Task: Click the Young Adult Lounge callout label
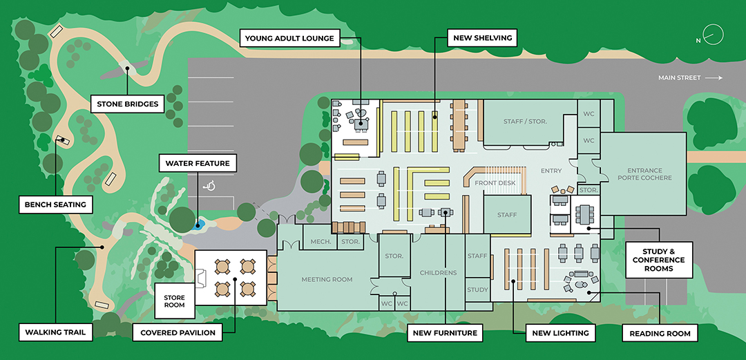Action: tap(290, 38)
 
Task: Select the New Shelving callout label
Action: tap(483, 38)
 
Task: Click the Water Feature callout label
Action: tap(198, 164)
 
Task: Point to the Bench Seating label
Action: tap(55, 205)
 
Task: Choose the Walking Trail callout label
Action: tap(55, 332)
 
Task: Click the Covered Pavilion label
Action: tap(178, 332)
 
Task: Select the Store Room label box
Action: tap(174, 301)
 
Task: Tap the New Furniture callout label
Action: tap(445, 332)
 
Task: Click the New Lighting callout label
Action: tap(560, 332)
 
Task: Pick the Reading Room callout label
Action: tap(660, 333)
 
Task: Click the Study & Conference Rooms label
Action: tap(658, 260)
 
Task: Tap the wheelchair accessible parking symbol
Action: tap(209, 185)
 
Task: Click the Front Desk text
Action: tap(495, 183)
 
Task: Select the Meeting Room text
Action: tap(327, 280)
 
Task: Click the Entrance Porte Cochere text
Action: tap(644, 174)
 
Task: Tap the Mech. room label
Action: tap(321, 242)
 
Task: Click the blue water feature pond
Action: tap(199, 225)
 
